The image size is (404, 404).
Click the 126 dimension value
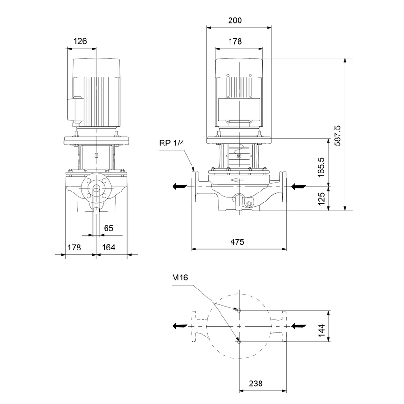[x=80, y=41]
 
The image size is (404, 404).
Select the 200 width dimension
[x=235, y=20]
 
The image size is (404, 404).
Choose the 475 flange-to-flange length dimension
[x=237, y=242]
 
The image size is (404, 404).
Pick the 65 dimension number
[x=109, y=228]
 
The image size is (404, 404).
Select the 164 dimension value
[x=109, y=248]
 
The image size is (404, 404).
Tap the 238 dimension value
[x=256, y=383]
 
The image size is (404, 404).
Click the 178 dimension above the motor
[x=235, y=41]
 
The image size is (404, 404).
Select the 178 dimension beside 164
[x=75, y=248]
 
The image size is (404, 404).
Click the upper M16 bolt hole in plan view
[x=239, y=310]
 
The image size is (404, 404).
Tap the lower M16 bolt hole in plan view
[x=239, y=342]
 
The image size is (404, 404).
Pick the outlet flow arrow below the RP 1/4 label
[x=180, y=186]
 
